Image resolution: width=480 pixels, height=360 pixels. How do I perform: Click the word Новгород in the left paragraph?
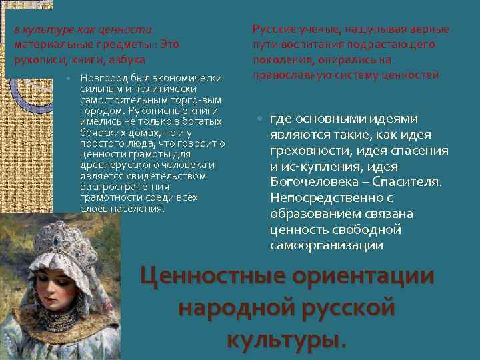point(101,77)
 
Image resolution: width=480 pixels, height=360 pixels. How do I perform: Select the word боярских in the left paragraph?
point(101,133)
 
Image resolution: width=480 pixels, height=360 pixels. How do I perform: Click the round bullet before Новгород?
point(69,78)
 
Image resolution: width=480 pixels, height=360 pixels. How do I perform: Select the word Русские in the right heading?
point(274,29)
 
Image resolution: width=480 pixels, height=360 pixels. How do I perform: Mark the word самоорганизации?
point(327,245)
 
